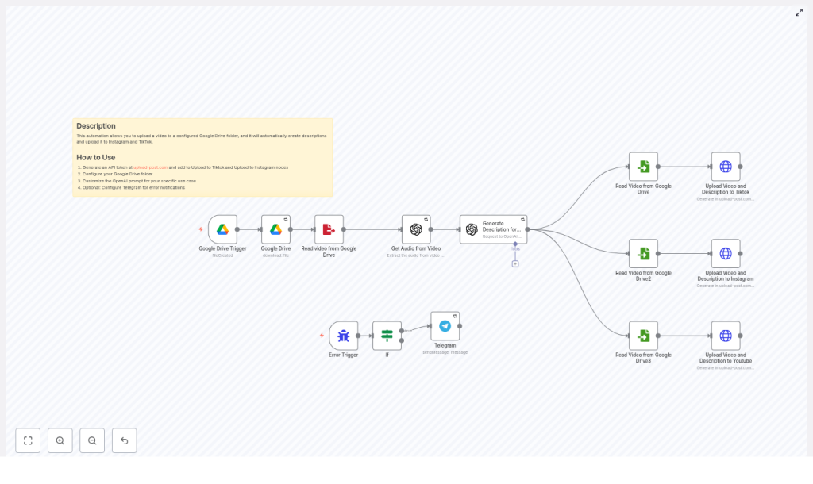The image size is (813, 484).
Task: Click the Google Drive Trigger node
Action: pos(223,229)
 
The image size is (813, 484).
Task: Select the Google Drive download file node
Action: pos(275,229)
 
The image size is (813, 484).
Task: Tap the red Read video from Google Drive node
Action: pos(329,229)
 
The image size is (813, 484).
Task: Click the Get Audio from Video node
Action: pos(416,229)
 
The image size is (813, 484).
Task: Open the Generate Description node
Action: pos(493,229)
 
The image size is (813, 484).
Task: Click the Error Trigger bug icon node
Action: pos(344,336)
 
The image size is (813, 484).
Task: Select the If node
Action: pos(387,336)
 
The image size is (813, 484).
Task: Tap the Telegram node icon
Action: pos(445,326)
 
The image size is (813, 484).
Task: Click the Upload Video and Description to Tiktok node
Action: pos(726,167)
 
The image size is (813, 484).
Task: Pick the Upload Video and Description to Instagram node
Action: pos(726,254)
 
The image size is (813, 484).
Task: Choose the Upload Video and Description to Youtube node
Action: pos(726,336)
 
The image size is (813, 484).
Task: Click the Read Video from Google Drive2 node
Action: pos(643,254)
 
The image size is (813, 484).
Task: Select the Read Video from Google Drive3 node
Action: pos(643,336)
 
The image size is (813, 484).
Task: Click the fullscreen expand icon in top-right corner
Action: pos(800,13)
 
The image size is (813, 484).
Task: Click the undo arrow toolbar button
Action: pos(124,440)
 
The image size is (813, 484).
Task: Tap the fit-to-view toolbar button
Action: pos(28,440)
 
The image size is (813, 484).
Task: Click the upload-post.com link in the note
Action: pos(151,167)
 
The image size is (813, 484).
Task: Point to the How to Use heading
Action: pos(96,157)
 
